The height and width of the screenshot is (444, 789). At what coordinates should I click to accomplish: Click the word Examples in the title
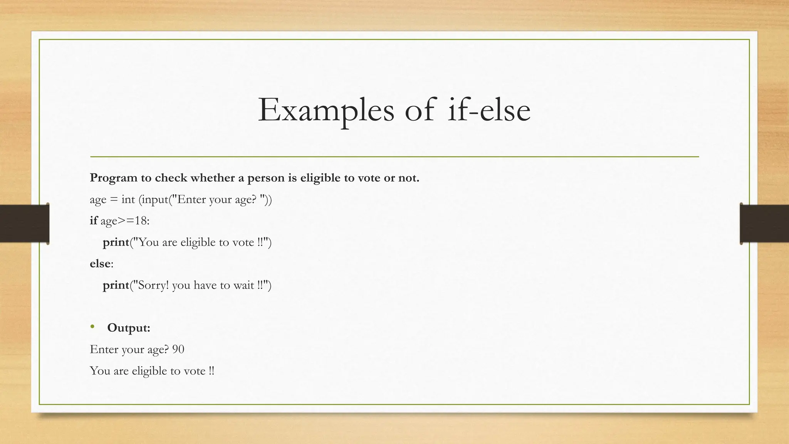click(x=326, y=110)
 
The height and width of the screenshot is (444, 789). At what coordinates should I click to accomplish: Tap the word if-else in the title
click(x=489, y=110)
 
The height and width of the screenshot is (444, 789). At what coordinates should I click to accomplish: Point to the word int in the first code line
click(x=128, y=199)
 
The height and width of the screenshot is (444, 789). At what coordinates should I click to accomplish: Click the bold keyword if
click(x=93, y=220)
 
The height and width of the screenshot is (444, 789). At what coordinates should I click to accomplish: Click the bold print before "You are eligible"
click(x=116, y=242)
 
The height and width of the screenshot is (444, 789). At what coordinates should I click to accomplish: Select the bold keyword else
click(x=100, y=264)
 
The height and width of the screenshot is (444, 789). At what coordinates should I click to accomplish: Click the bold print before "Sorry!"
click(x=116, y=286)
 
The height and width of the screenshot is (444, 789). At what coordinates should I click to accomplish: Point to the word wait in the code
click(x=243, y=285)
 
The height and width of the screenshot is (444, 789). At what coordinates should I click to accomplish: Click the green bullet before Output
click(x=92, y=327)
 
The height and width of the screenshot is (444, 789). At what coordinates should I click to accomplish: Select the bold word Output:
click(x=129, y=328)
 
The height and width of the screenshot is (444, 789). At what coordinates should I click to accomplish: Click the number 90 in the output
click(x=178, y=349)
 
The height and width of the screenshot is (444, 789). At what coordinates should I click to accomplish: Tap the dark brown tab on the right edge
click(x=764, y=224)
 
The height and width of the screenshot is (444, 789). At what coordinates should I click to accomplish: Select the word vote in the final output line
click(x=195, y=371)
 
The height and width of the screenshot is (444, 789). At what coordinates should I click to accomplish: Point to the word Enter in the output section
click(x=104, y=349)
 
